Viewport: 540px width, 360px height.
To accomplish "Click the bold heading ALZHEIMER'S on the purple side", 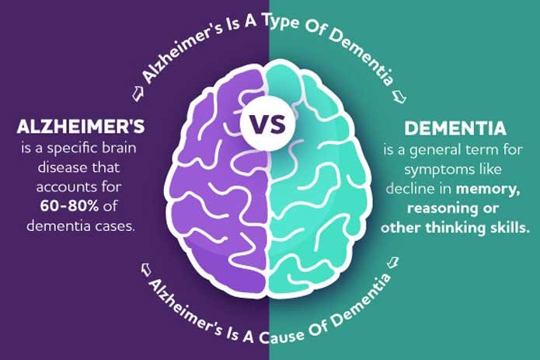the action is (80, 126).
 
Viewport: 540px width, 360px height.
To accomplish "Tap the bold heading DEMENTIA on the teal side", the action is (455, 128).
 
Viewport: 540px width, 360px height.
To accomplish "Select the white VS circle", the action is (268, 124).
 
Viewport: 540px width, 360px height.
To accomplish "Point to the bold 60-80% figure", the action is (69, 206).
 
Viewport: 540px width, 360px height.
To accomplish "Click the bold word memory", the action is (488, 189).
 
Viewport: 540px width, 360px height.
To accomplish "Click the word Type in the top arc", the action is (280, 25).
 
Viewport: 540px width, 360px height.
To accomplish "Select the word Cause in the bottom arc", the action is (281, 335).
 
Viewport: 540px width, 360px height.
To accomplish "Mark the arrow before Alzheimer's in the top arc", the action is (138, 93).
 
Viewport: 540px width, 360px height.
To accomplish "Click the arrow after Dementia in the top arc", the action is (399, 96).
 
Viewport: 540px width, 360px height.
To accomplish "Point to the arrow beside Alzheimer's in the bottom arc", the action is (146, 269).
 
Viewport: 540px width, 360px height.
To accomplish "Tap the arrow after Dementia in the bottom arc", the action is (392, 262).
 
